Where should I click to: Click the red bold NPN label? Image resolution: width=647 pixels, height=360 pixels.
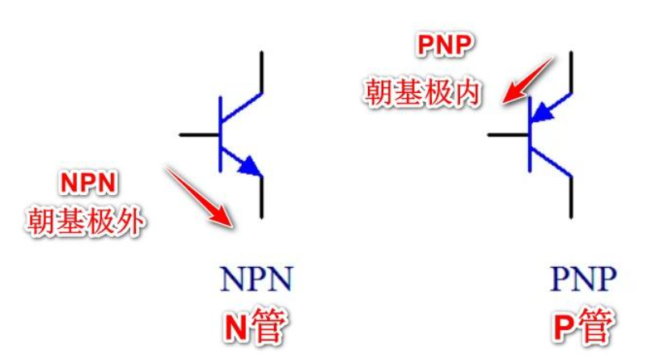pos(88,183)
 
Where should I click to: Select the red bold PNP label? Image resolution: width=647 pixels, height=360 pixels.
pos(444,44)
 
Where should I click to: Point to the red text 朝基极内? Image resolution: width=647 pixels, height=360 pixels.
pos(422,92)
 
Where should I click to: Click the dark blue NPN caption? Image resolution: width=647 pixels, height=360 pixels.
pos(256,278)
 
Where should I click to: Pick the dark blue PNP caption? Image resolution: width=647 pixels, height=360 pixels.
pos(583,278)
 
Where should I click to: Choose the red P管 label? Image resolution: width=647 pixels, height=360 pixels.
pos(582,326)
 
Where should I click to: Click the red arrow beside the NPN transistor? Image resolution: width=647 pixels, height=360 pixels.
pos(200,197)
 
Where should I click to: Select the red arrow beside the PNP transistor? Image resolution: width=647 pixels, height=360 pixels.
pos(527,80)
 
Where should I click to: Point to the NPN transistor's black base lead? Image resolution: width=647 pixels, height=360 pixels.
pos(199,134)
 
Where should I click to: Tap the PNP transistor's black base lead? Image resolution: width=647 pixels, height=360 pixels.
pos(508,134)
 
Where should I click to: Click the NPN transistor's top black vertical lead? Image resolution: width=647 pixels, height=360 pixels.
pos(261,72)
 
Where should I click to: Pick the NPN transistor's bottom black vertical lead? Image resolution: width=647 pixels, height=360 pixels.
pos(261,197)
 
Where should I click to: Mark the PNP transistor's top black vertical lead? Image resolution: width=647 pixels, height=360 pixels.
pos(571,72)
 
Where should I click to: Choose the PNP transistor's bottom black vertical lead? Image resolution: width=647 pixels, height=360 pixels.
pos(571,197)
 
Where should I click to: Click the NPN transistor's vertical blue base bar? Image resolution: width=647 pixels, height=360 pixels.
pos(220,134)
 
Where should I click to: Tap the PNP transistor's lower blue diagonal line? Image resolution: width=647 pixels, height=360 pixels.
pos(551,161)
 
